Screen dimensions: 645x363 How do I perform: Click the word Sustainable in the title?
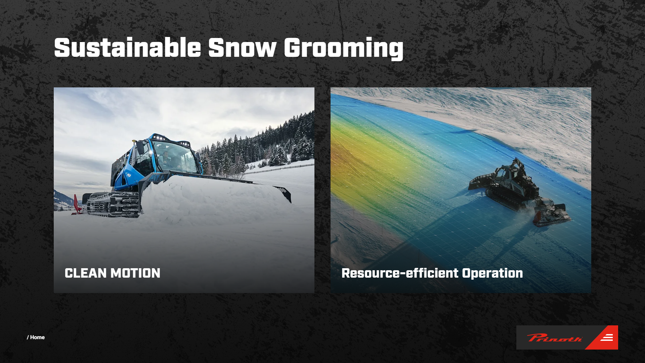pyautogui.click(x=128, y=47)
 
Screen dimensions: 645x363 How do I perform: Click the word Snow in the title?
pyautogui.click(x=242, y=47)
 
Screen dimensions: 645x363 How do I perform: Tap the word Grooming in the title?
pyautogui.click(x=343, y=49)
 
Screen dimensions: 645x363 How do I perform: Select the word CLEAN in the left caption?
pyautogui.click(x=86, y=273)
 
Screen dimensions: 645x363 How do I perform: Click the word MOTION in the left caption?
pyautogui.click(x=136, y=273)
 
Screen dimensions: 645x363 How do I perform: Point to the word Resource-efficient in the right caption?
pyautogui.click(x=400, y=273)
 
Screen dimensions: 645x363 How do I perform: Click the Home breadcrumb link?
pyautogui.click(x=37, y=337)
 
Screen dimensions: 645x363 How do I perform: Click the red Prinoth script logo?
pyautogui.click(x=555, y=337)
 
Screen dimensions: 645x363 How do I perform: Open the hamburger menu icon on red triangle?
pyautogui.click(x=607, y=337)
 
